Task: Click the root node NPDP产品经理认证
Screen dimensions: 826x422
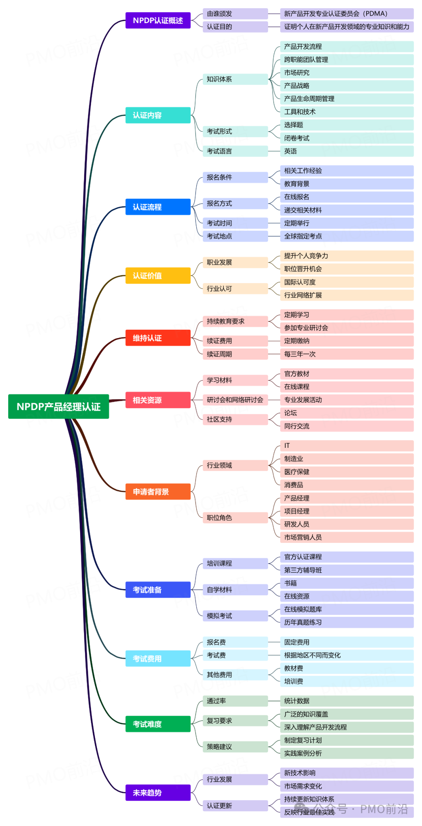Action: [59, 406]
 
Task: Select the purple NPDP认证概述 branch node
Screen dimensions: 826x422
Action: [158, 20]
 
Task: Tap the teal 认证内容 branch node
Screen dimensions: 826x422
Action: [158, 115]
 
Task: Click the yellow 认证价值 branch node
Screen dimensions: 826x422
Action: [158, 276]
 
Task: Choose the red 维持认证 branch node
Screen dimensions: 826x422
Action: [158, 338]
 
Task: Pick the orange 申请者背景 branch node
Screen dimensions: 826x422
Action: [158, 492]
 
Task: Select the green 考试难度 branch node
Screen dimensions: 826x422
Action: [158, 724]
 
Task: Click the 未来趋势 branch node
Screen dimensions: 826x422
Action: [158, 792]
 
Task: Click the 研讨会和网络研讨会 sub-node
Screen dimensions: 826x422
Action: [235, 400]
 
